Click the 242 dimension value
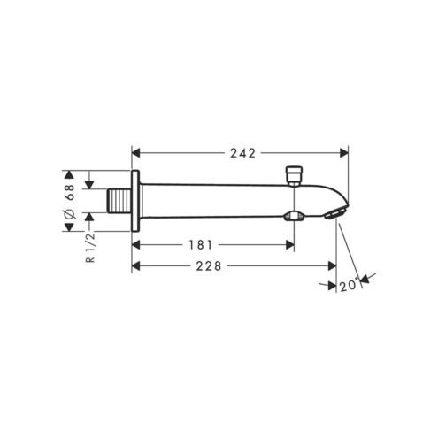click(242, 153)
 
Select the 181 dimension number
click(200, 244)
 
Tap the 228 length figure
click(209, 266)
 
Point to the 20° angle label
click(350, 285)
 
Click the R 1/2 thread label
click(91, 247)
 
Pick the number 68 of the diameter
click(70, 192)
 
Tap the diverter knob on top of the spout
click(294, 176)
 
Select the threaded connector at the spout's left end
click(119, 201)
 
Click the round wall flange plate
click(135, 201)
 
